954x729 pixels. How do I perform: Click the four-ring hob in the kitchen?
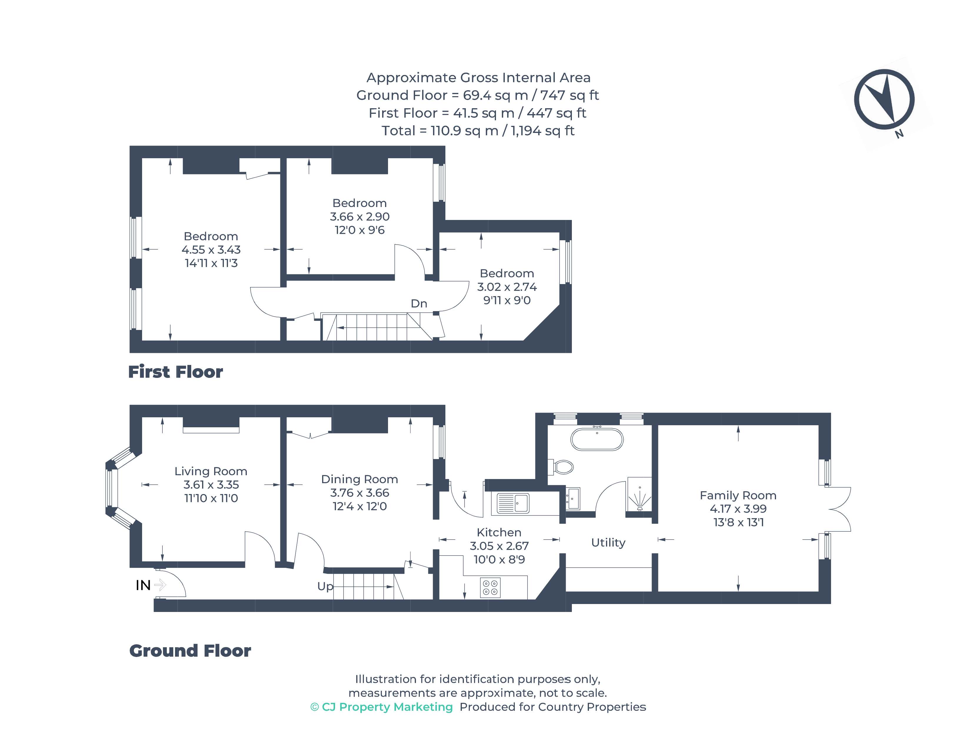point(490,588)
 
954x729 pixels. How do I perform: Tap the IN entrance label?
point(143,585)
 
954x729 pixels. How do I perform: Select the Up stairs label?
point(325,586)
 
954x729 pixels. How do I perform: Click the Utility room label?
point(608,542)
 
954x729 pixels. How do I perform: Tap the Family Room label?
point(737,495)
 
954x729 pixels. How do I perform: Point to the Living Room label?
point(211,471)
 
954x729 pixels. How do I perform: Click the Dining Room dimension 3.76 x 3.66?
point(359,493)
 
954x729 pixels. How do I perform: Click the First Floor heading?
point(175,372)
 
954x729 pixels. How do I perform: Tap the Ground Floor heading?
point(190,651)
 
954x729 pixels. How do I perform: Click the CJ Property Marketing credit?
point(382,707)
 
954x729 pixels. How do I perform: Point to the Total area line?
point(477,131)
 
